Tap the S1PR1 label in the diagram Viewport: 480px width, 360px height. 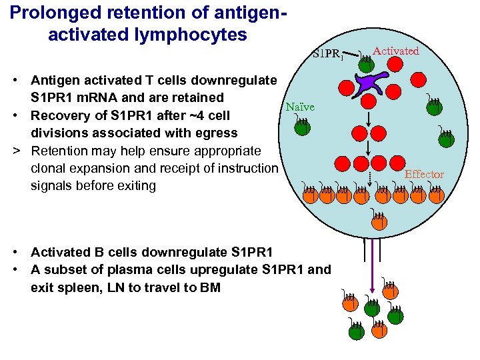[x=327, y=53]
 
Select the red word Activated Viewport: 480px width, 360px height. [x=396, y=51]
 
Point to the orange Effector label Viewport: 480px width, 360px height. [x=424, y=174]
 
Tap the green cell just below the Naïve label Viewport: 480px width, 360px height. [x=302, y=128]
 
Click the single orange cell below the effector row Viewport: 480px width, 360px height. [x=379, y=223]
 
